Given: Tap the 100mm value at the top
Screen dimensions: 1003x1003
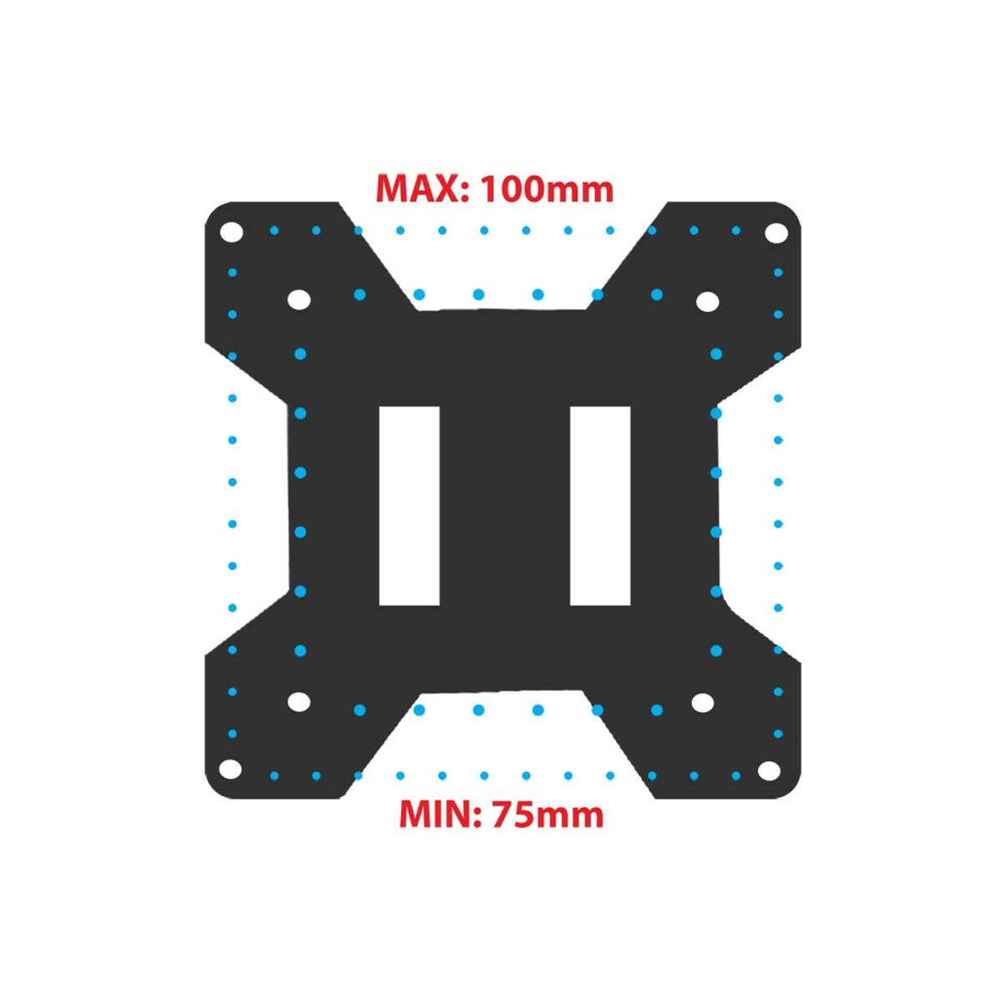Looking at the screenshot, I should [x=547, y=189].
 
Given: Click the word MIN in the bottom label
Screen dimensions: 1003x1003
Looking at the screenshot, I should [x=435, y=813].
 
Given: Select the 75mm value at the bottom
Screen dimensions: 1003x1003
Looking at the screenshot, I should [x=547, y=813].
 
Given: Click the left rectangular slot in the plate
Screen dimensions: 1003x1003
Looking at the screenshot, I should [x=409, y=506].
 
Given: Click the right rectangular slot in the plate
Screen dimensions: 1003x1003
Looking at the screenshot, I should [x=599, y=506].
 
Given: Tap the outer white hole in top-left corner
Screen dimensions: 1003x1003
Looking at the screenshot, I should [x=232, y=232].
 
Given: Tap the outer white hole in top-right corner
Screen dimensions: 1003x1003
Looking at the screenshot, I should [x=776, y=232].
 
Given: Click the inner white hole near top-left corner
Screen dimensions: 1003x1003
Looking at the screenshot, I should [x=298, y=299].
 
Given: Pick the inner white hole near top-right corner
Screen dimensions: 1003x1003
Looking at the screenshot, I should [x=707, y=300].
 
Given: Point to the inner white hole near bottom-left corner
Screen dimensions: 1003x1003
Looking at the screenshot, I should [x=298, y=702].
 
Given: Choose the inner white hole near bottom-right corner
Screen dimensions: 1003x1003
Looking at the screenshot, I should [x=702, y=703].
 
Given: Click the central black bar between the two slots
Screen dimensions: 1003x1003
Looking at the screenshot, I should [x=504, y=506].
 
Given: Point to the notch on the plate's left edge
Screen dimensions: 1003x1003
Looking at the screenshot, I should [x=251, y=501].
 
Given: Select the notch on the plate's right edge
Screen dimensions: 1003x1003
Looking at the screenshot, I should [x=756, y=501].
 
